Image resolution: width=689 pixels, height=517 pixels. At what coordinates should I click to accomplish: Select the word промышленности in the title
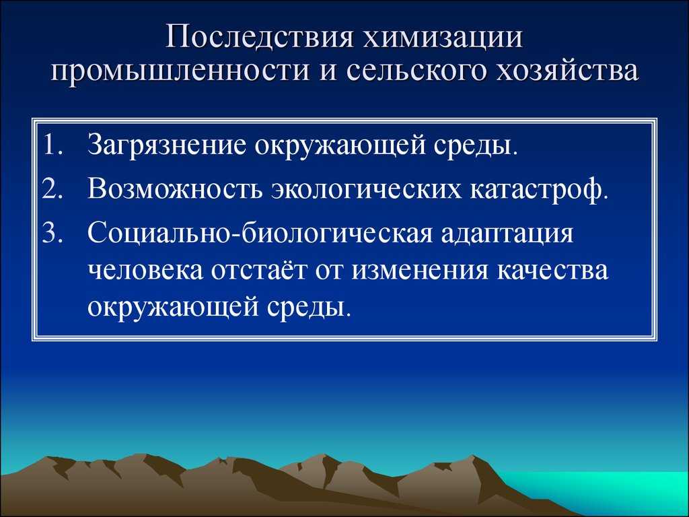(180, 71)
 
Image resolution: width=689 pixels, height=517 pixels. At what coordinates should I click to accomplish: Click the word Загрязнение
(167, 147)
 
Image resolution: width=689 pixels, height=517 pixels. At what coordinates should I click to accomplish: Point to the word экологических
(366, 191)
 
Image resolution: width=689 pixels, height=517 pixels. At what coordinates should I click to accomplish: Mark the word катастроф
(536, 191)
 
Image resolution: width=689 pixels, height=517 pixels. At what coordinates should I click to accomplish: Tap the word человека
(145, 271)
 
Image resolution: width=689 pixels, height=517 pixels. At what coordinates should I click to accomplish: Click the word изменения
(420, 271)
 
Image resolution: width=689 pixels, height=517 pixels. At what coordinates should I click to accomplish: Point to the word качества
(553, 271)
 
